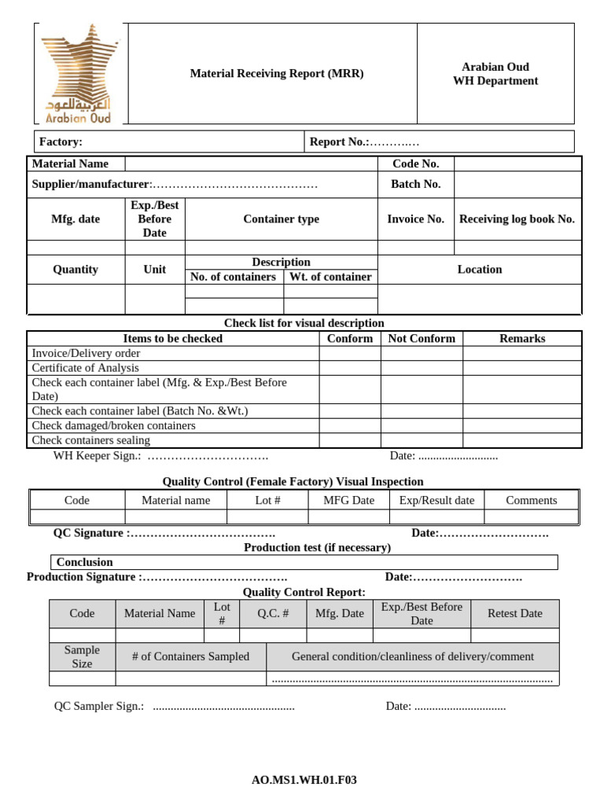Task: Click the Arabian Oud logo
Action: pos(79,73)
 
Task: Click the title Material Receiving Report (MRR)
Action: pos(277,74)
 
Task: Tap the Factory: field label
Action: pos(61,142)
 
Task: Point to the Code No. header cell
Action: pos(415,164)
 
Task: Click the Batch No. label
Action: pos(415,184)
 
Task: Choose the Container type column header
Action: pos(281,219)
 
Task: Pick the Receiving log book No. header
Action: pos(517,219)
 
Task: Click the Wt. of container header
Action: pos(330,277)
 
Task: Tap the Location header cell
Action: pos(480,269)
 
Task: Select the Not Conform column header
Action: pos(422,338)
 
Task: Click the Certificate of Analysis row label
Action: pos(86,367)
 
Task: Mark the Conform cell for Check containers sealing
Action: pos(350,440)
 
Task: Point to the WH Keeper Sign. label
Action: pos(97,456)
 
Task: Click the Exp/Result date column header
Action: pos(436,500)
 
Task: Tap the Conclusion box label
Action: pos(85,562)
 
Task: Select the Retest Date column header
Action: pos(515,613)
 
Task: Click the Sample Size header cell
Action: pos(82,656)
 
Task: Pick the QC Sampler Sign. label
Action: pos(99,706)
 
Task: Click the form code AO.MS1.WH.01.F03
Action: pos(304,781)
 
